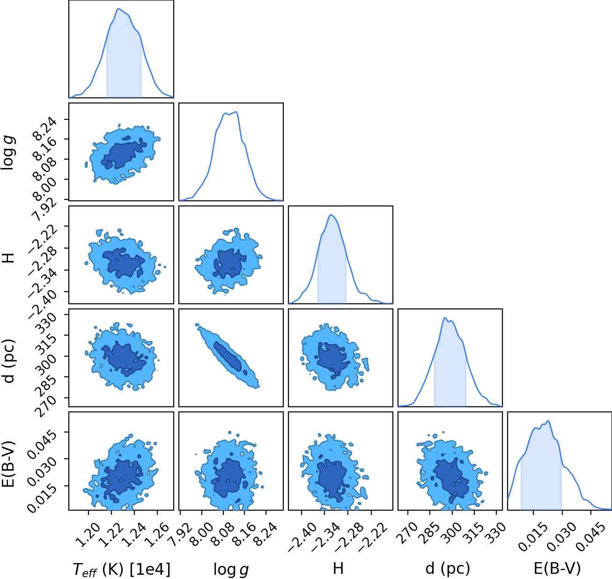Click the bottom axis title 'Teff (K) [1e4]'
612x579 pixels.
[x=122, y=569]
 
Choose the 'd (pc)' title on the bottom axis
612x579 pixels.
[x=447, y=569]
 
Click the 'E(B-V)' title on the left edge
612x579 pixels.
[x=8, y=464]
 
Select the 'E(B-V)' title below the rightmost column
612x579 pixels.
[x=557, y=569]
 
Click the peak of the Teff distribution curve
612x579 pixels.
[x=118, y=9]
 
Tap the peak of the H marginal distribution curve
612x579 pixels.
[x=331, y=215]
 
